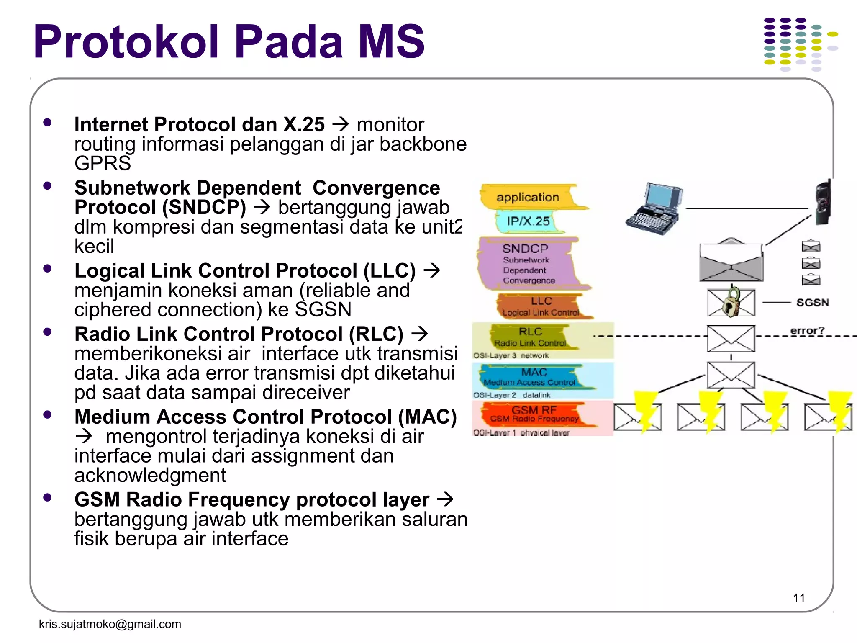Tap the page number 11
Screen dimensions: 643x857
click(799, 598)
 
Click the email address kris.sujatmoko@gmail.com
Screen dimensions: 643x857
click(110, 624)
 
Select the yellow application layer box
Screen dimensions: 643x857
click(528, 197)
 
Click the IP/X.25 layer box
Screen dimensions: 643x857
click(528, 221)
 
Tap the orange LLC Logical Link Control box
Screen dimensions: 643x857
click(541, 306)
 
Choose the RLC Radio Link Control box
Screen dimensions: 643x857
click(530, 337)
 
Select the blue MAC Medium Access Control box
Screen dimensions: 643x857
click(534, 377)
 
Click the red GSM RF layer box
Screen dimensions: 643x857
click(534, 414)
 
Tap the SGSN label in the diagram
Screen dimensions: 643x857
click(812, 302)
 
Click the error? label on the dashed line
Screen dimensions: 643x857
click(807, 331)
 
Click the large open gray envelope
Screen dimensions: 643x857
click(731, 262)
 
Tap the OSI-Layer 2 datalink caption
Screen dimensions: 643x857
click(511, 395)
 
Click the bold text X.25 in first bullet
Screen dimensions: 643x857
click(304, 125)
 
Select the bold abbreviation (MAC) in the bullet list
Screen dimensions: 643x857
click(427, 417)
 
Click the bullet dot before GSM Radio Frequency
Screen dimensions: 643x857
click(47, 498)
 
